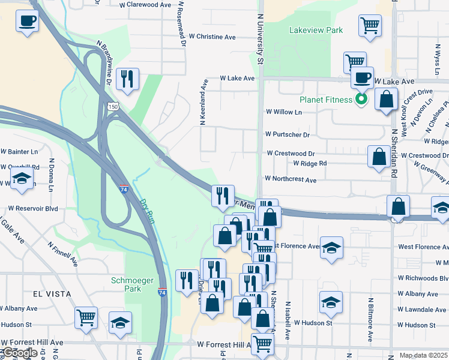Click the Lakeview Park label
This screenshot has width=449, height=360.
pyautogui.click(x=316, y=30)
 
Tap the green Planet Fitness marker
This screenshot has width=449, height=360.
pyautogui.click(x=361, y=99)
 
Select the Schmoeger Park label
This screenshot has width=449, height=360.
pyautogui.click(x=126, y=284)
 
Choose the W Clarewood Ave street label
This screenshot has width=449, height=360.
pyautogui.click(x=145, y=4)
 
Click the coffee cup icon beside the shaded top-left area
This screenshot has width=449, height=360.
pyautogui.click(x=27, y=22)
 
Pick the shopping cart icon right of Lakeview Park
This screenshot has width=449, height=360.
pyautogui.click(x=370, y=25)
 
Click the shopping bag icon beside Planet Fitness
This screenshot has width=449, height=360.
pyautogui.click(x=386, y=99)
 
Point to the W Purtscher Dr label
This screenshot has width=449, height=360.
pyautogui.click(x=288, y=135)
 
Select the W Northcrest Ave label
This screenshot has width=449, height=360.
pyautogui.click(x=291, y=179)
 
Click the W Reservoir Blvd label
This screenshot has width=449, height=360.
pyautogui.click(x=33, y=208)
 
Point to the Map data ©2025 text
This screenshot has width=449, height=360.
pyautogui.click(x=423, y=355)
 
